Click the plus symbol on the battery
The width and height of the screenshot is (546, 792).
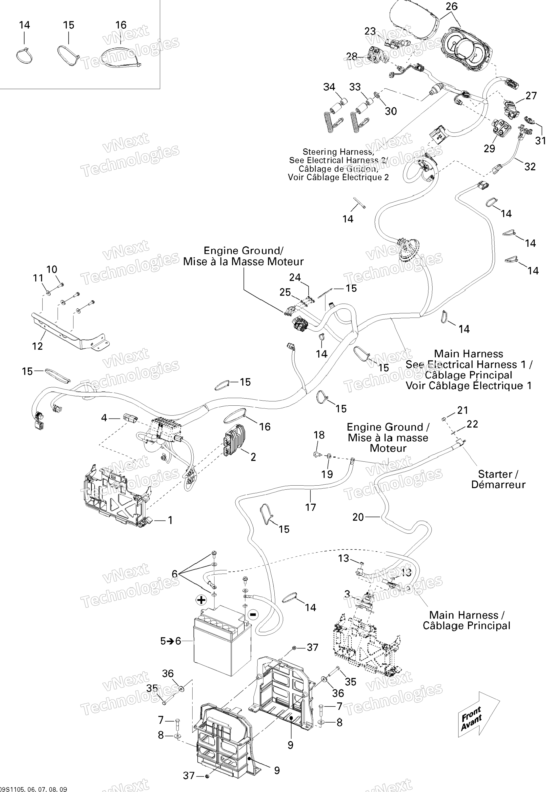click(201, 600)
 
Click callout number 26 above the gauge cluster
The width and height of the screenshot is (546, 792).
click(452, 6)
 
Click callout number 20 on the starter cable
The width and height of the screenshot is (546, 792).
click(358, 517)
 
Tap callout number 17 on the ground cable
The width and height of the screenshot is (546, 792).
click(311, 507)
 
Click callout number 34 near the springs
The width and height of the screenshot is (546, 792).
click(329, 87)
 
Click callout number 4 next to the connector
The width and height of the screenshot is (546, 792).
click(104, 418)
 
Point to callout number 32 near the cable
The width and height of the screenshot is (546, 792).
click(530, 167)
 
